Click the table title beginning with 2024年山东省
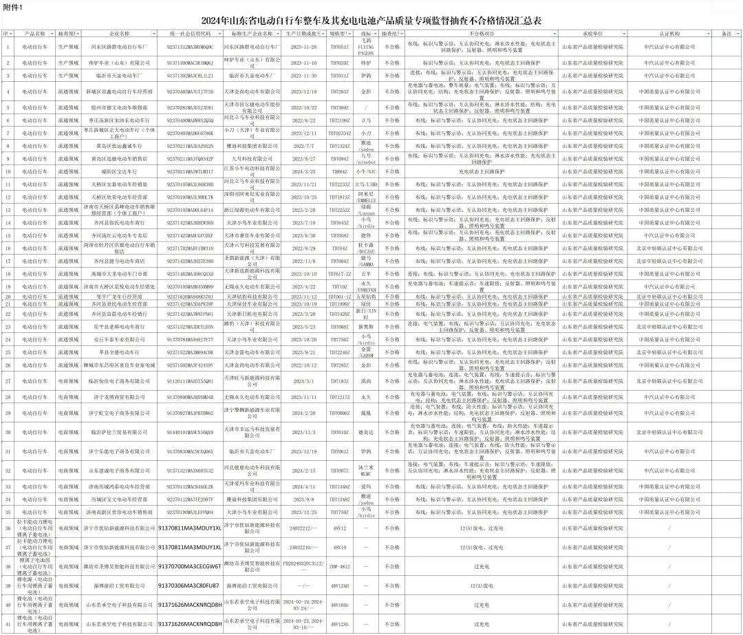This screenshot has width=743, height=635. (371, 21)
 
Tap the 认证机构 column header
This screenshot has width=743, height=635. (669, 33)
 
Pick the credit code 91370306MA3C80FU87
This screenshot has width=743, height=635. (189, 585)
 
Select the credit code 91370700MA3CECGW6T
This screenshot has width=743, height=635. (189, 566)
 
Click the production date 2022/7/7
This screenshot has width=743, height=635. (303, 146)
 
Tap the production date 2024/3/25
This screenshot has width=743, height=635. (303, 171)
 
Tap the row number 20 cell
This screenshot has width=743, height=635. (8, 297)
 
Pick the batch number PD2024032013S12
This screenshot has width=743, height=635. (303, 566)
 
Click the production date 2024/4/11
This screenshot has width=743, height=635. (303, 486)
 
